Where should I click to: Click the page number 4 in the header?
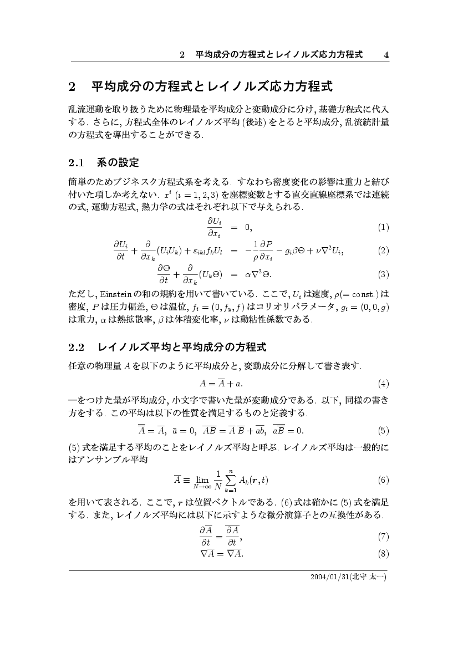[386, 55]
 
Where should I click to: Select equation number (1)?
[383, 227]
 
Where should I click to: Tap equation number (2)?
[383, 251]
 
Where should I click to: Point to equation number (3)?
[383, 274]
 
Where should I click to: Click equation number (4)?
[383, 383]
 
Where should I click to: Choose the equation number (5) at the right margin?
[383, 430]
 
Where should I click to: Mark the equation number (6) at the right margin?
[383, 479]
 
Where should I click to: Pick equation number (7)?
[383, 536]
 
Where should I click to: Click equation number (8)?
[383, 553]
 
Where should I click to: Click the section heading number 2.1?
[76, 163]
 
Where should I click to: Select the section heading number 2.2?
[76, 348]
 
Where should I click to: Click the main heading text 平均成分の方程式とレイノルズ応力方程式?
[211, 87]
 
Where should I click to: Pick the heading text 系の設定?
[117, 163]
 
